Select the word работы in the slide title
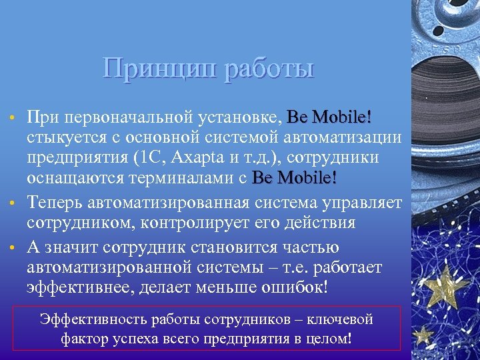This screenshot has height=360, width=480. (x=269, y=69)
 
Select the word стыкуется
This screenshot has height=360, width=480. (x=59, y=138)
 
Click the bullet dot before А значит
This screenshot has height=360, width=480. (x=12, y=248)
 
